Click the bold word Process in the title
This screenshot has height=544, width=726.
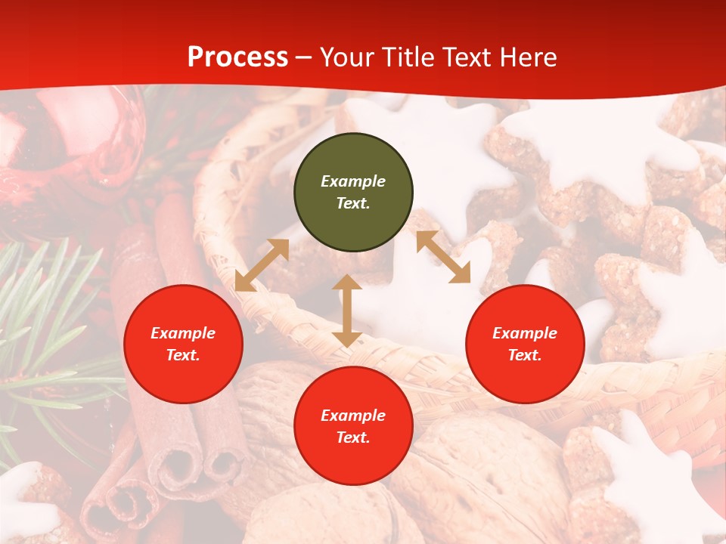pyautogui.click(x=237, y=57)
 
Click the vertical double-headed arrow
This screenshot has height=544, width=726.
pyautogui.click(x=347, y=311)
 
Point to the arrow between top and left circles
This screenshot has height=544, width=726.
pyautogui.click(x=262, y=265)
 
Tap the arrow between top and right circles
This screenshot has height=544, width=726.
pyautogui.click(x=443, y=257)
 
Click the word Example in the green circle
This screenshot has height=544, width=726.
pyautogui.click(x=353, y=181)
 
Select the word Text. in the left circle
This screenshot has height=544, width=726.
pyautogui.click(x=183, y=355)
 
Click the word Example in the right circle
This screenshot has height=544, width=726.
pyautogui.click(x=525, y=333)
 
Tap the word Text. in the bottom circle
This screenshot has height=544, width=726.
pyautogui.click(x=353, y=437)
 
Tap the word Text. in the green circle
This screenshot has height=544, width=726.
pyautogui.click(x=353, y=203)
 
